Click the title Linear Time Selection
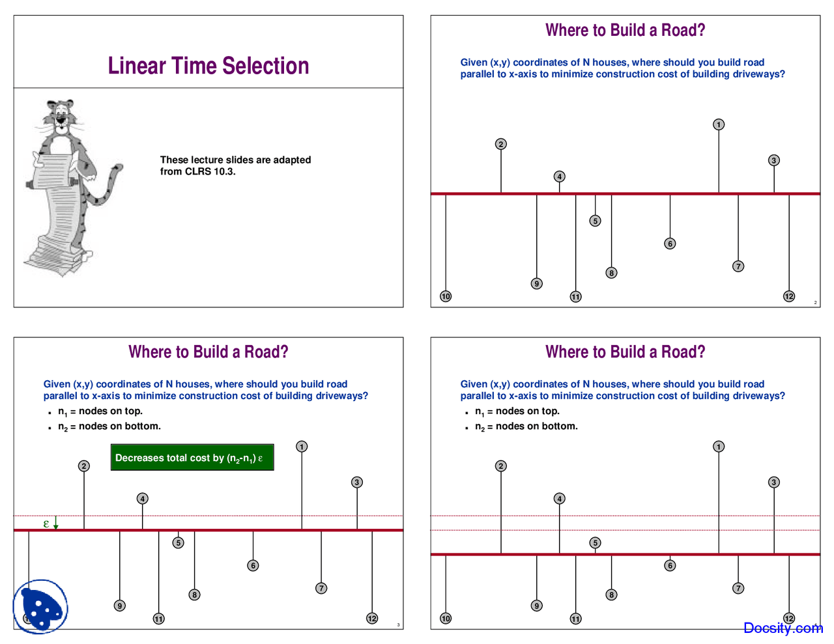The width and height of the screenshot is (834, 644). [x=208, y=66]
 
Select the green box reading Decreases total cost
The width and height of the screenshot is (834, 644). [x=192, y=457]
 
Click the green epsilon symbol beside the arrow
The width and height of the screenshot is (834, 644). [x=46, y=523]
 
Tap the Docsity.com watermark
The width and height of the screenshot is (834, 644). [x=783, y=628]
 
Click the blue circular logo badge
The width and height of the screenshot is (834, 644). [x=40, y=606]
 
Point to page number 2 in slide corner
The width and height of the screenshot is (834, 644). [x=815, y=302]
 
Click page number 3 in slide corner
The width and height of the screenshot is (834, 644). [x=398, y=624]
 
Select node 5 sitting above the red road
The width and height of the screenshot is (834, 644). [x=595, y=542]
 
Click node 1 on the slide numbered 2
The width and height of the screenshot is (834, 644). [x=719, y=124]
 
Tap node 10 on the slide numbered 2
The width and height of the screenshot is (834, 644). [x=446, y=296]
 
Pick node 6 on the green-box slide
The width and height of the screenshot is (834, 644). [x=253, y=565]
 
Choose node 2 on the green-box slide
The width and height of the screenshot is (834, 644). [x=84, y=466]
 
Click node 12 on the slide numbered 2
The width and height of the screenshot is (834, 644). [x=789, y=296]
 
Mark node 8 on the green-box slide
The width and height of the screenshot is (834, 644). [x=194, y=595]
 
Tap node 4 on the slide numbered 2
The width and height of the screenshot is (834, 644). [x=559, y=176]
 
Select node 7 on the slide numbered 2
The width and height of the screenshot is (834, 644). [x=738, y=266]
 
